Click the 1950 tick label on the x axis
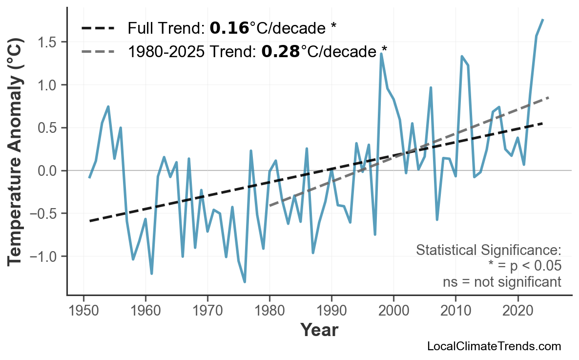pyautogui.click(x=83, y=311)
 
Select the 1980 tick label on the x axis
pyautogui.click(x=269, y=311)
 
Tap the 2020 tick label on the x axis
pyautogui.click(x=517, y=311)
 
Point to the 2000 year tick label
pyautogui.click(x=393, y=311)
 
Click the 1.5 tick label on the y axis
pyautogui.click(x=48, y=42)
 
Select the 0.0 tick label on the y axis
pyautogui.click(x=48, y=171)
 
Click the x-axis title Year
pyautogui.click(x=319, y=331)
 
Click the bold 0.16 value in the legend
pyautogui.click(x=229, y=28)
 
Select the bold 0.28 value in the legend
pyautogui.click(x=281, y=51)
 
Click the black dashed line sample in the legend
pyautogui.click(x=98, y=28)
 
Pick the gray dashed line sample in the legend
pyautogui.click(x=98, y=51)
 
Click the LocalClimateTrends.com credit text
pyautogui.click(x=494, y=346)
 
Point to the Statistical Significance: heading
pyautogui.click(x=488, y=250)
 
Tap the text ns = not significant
pyautogui.click(x=501, y=282)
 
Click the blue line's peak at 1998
pyautogui.click(x=381, y=54)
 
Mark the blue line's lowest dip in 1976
pyautogui.click(x=245, y=282)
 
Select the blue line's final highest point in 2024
pyautogui.click(x=543, y=20)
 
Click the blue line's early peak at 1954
pyautogui.click(x=108, y=106)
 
